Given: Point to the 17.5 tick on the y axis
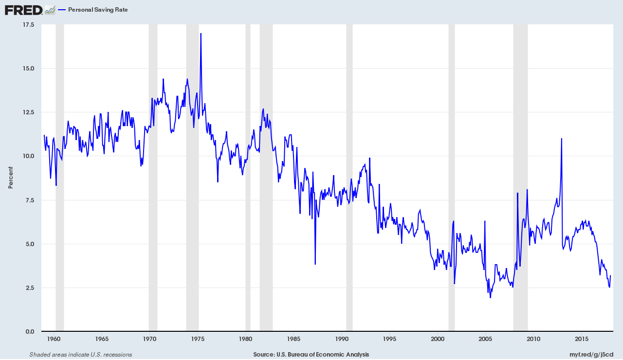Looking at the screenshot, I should coord(28,24).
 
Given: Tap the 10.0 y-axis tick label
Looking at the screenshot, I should coord(28,156).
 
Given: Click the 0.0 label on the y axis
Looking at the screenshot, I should coord(30,331).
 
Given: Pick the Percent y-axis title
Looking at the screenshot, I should coord(11,178).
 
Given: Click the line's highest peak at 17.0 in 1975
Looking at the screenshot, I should coord(201,34).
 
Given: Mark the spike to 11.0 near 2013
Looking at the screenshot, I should coord(562,139).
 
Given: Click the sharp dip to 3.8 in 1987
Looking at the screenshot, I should coord(315,264).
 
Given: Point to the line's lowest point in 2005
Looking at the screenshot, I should coord(490,297).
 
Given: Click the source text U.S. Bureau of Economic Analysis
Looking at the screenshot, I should coord(311,355).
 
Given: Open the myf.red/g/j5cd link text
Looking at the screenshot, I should coord(591,355).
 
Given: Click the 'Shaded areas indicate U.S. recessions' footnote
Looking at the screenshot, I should coord(81,355).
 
